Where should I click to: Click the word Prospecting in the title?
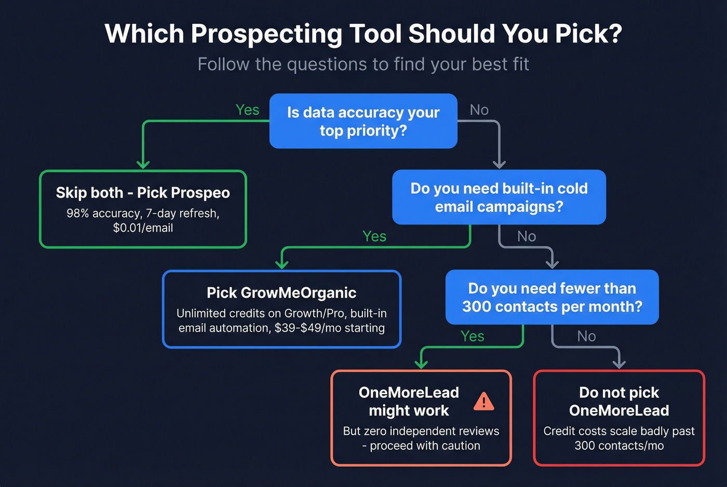coord(266,34)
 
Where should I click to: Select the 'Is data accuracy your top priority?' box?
coord(363,121)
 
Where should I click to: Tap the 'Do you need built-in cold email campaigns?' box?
coord(499,197)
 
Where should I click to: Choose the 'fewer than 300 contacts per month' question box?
coord(552,297)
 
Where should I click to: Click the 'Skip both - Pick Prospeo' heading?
coord(143,193)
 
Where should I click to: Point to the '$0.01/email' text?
coord(143,228)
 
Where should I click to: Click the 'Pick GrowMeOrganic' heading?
coord(281,293)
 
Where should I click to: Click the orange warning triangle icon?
coord(484,401)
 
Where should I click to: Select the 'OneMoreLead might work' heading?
coord(409,401)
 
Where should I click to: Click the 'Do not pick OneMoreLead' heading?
coord(619,401)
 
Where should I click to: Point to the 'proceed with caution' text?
coord(425,446)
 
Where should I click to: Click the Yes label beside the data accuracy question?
coord(247,110)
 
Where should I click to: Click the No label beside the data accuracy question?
coord(479,110)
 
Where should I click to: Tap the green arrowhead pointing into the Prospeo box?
coord(143,164)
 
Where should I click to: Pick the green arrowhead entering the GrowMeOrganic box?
coord(281,265)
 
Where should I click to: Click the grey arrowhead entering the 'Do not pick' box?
coord(619,364)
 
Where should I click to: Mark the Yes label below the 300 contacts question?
coord(473,337)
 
